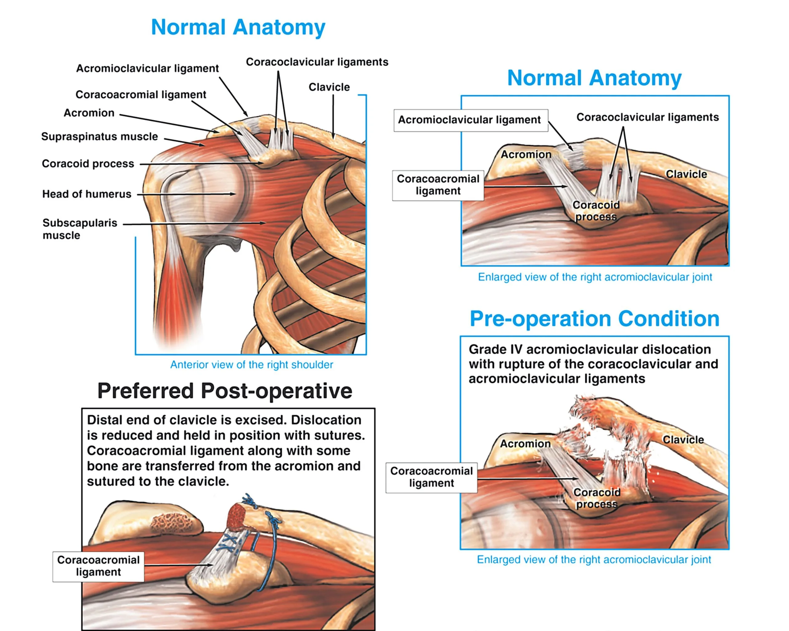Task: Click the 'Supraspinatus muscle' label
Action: tap(100, 137)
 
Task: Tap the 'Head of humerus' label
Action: tap(87, 194)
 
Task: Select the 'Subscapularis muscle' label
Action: tap(80, 229)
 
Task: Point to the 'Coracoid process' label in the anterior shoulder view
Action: tap(88, 164)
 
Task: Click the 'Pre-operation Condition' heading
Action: tap(594, 319)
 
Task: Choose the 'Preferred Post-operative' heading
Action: tap(225, 391)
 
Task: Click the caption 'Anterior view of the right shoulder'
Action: tap(251, 365)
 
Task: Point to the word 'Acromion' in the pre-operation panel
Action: tap(525, 444)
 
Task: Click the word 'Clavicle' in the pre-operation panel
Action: tap(683, 440)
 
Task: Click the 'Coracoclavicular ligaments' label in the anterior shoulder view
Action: tap(317, 62)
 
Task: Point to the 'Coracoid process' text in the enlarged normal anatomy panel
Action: tap(596, 211)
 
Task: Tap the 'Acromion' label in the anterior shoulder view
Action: tap(89, 113)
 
